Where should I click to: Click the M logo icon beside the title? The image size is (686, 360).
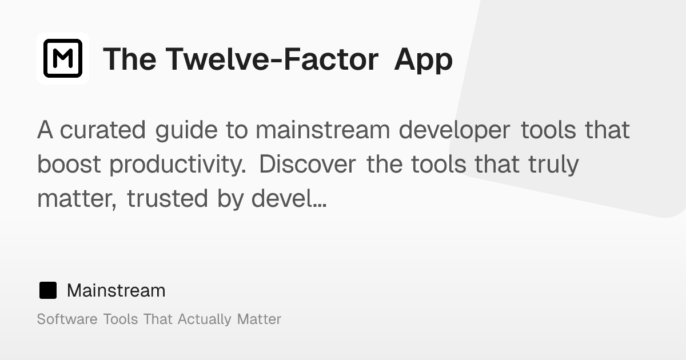tap(63, 58)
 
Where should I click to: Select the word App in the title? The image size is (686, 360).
tap(423, 59)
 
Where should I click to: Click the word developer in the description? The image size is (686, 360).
tap(454, 130)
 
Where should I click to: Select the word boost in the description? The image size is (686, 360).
tap(69, 165)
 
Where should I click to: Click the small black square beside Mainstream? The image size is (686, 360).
tap(48, 290)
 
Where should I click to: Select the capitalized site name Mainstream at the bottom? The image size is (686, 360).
tap(116, 290)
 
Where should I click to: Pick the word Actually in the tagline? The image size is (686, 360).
tap(205, 319)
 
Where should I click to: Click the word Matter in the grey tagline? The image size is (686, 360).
tap(259, 319)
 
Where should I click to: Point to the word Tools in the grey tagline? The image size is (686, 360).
tap(121, 319)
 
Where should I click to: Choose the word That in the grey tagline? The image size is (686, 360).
tap(158, 319)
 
